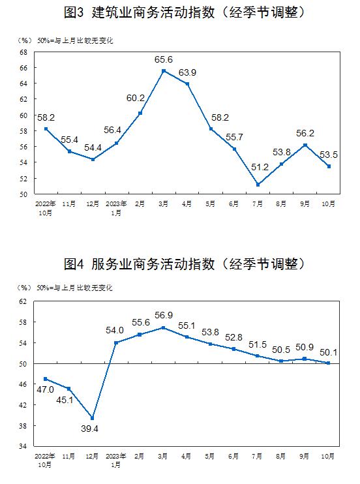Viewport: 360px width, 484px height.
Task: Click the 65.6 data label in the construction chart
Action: point(163,59)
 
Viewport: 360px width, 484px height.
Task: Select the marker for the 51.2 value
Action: point(258,185)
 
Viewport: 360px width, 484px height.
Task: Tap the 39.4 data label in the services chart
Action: point(89,429)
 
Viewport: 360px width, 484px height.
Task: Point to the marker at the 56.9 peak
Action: point(163,328)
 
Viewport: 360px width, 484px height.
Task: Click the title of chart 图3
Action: point(185,12)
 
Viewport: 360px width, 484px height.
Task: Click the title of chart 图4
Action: point(185,264)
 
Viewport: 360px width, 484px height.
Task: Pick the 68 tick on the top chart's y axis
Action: point(23,52)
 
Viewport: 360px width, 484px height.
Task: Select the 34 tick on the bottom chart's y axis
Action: point(23,446)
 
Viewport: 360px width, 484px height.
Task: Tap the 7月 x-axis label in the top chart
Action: point(258,204)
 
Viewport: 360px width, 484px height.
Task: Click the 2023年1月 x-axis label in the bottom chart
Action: point(116,460)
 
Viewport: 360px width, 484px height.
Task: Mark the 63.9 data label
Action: point(187,72)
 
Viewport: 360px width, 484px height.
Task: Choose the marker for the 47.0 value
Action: point(46,379)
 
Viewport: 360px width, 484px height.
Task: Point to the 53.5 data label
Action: point(329,155)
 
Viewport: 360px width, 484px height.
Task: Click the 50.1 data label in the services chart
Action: point(328,352)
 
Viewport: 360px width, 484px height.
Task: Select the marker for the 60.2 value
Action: point(140,113)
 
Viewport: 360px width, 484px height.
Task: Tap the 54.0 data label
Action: point(115,330)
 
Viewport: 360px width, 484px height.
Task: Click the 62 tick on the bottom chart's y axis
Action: point(23,301)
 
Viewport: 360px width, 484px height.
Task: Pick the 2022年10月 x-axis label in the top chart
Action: point(46,208)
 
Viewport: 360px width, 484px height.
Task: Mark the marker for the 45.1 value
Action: point(69,389)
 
